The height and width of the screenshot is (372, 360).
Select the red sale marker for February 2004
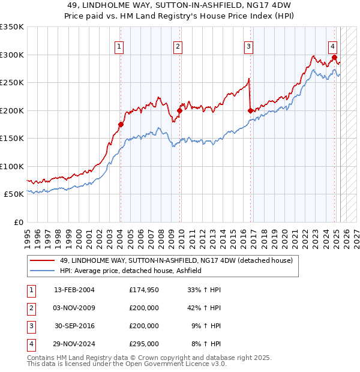[121, 124]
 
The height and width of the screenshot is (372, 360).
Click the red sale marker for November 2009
[179, 110]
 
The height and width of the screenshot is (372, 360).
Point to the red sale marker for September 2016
[250, 110]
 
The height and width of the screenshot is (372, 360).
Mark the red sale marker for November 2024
[334, 58]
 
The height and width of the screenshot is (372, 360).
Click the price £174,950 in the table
[144, 290]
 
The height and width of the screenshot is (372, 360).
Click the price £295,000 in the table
[144, 344]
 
